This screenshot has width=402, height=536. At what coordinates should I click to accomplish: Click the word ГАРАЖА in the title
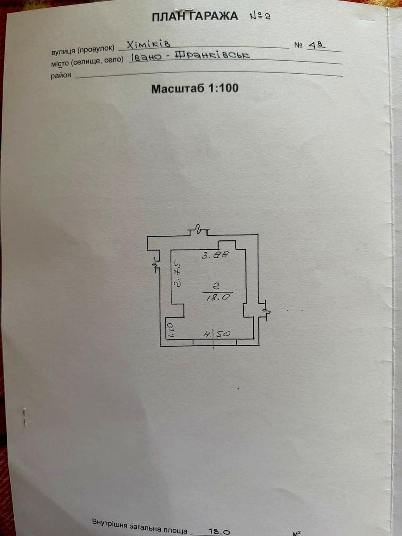pos(213,17)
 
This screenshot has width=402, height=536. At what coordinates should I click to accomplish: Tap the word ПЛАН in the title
pos(170,17)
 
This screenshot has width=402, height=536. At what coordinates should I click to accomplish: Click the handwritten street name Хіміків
pos(149,44)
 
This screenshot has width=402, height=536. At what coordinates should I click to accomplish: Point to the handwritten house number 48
pos(317,46)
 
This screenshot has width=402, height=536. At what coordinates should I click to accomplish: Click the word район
pos(61,75)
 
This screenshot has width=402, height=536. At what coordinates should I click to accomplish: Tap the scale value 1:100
pos(223,88)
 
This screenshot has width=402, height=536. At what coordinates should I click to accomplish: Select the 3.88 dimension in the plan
pos(215,255)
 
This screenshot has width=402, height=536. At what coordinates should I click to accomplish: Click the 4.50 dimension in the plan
pos(217,333)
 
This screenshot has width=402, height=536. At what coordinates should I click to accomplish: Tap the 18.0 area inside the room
pos(218,297)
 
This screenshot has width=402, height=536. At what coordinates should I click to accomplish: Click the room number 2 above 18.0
pos(216,286)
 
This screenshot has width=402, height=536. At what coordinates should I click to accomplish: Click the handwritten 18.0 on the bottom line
pos(219,532)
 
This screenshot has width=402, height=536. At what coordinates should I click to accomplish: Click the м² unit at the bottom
pos(297,533)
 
